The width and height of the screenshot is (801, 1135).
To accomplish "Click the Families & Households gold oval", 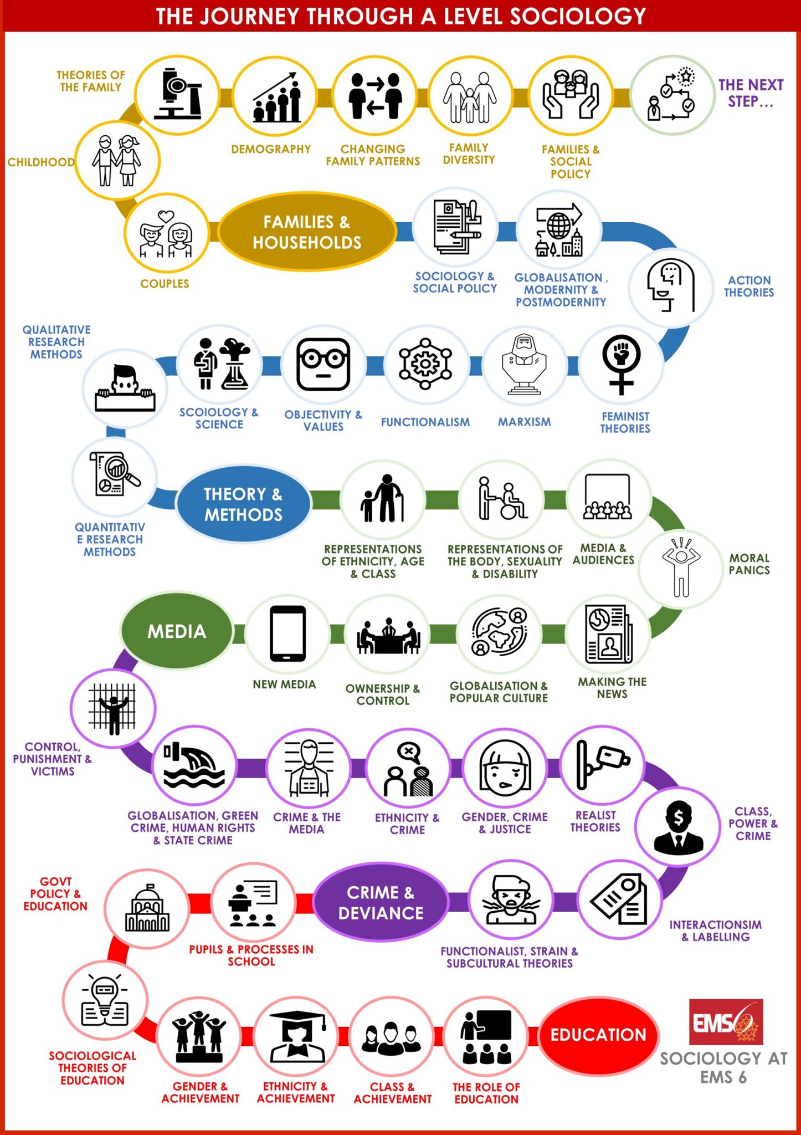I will [307, 232].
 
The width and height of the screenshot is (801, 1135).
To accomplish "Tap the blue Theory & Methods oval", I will [243, 504].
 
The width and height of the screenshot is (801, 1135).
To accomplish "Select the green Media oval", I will [177, 631].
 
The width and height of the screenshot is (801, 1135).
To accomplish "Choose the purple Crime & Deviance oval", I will [381, 902].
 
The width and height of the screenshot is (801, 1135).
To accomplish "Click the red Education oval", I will [598, 1034].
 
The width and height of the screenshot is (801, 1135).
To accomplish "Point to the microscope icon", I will [177, 94].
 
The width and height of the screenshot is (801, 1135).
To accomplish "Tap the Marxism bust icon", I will [524, 364].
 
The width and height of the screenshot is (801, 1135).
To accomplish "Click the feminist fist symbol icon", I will [622, 364].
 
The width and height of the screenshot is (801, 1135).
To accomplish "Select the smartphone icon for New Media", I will [287, 633].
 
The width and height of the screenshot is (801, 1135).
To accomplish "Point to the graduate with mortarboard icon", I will [296, 1034].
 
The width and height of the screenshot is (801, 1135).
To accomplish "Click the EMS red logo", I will [726, 1021].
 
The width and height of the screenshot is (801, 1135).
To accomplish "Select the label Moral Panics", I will [749, 564].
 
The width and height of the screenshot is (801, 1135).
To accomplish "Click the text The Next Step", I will [751, 93].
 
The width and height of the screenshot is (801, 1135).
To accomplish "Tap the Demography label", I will [271, 149].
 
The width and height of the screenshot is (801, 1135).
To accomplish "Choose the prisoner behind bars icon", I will [113, 708].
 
